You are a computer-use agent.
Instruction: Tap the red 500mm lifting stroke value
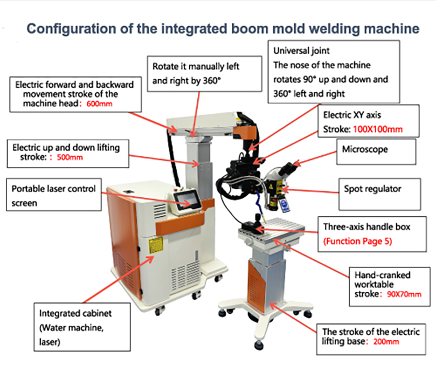pos(71,157)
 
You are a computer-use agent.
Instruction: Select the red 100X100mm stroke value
pos(378,130)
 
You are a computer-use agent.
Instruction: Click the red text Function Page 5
pos(358,242)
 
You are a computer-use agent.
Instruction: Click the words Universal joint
pos(301,51)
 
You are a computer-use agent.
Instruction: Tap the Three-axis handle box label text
pos(366,227)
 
